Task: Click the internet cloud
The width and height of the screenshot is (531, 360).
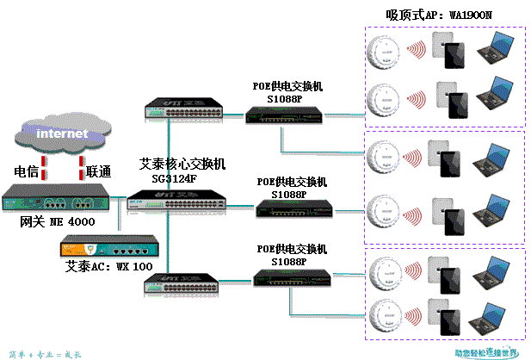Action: (x=62, y=133)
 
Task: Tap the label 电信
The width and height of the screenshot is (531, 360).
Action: (x=27, y=171)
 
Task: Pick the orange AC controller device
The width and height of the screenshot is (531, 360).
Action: (x=95, y=249)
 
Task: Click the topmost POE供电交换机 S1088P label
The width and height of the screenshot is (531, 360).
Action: (x=287, y=92)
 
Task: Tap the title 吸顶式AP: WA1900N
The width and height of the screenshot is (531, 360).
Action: (x=428, y=15)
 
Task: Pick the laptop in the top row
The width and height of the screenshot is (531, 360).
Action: (x=497, y=48)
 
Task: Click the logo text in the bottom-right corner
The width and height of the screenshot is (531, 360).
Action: (x=486, y=352)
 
